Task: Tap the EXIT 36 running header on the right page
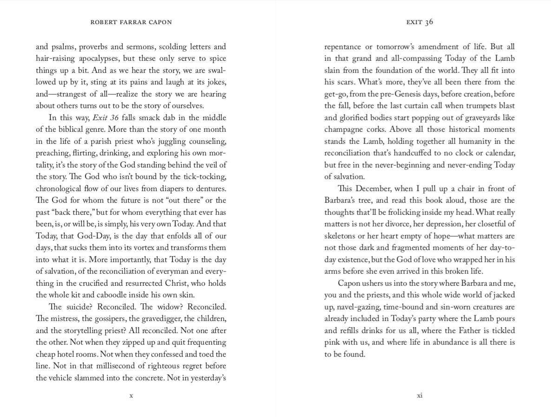coord(420,22)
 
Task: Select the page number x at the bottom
coord(131,396)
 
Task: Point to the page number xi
coord(420,396)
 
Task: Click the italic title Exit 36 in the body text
coord(105,118)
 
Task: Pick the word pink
coord(332,343)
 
